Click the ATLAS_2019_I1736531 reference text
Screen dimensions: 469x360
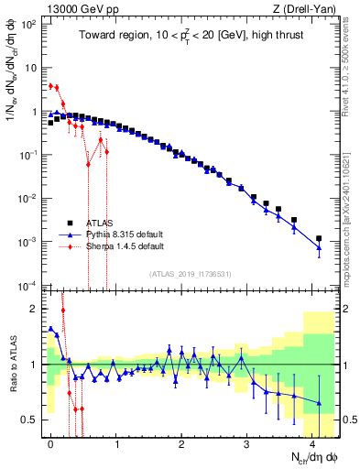(188, 274)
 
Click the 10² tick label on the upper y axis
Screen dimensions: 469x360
(28, 24)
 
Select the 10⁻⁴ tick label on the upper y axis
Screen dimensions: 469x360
(28, 285)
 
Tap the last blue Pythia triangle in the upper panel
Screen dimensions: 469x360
(319, 247)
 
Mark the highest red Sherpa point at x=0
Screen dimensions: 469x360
(50, 85)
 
